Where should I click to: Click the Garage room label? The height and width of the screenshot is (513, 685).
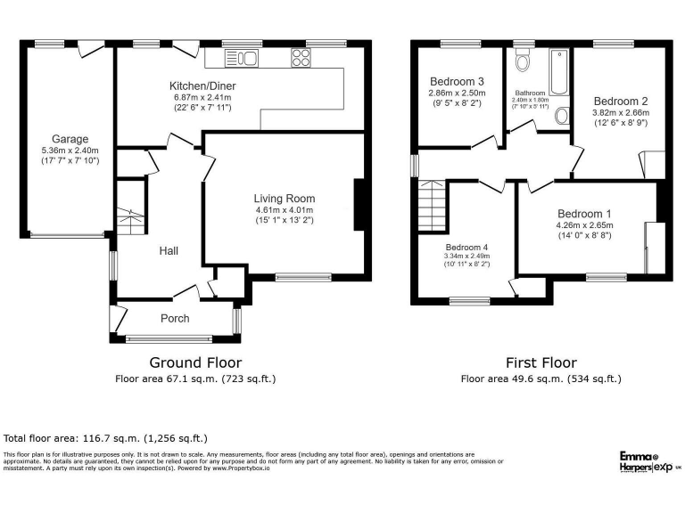(70, 139)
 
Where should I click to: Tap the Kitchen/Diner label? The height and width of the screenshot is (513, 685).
(201, 85)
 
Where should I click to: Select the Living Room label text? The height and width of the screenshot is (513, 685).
(284, 198)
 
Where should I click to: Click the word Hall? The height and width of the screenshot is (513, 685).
(169, 251)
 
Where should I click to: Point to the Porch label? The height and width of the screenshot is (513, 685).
(175, 318)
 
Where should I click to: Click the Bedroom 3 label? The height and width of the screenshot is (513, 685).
(457, 80)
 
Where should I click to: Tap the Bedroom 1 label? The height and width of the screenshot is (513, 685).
(585, 214)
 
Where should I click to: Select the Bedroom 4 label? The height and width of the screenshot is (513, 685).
(468, 247)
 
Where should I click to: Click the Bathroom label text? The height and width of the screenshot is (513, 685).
(530, 92)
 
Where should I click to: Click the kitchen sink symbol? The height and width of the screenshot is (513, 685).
(242, 59)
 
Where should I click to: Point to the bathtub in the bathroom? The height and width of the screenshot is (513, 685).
(559, 72)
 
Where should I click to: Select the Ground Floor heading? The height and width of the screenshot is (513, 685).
(195, 362)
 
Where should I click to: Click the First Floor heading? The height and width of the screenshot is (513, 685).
(541, 362)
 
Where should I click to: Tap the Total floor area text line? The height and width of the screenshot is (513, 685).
(105, 438)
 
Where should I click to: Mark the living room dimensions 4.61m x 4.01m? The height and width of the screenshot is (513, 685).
(284, 209)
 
